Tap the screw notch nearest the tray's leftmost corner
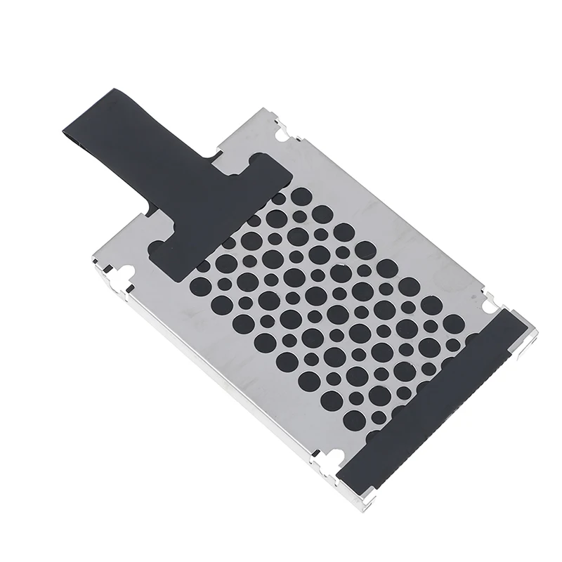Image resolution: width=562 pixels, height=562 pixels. [127, 274]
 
